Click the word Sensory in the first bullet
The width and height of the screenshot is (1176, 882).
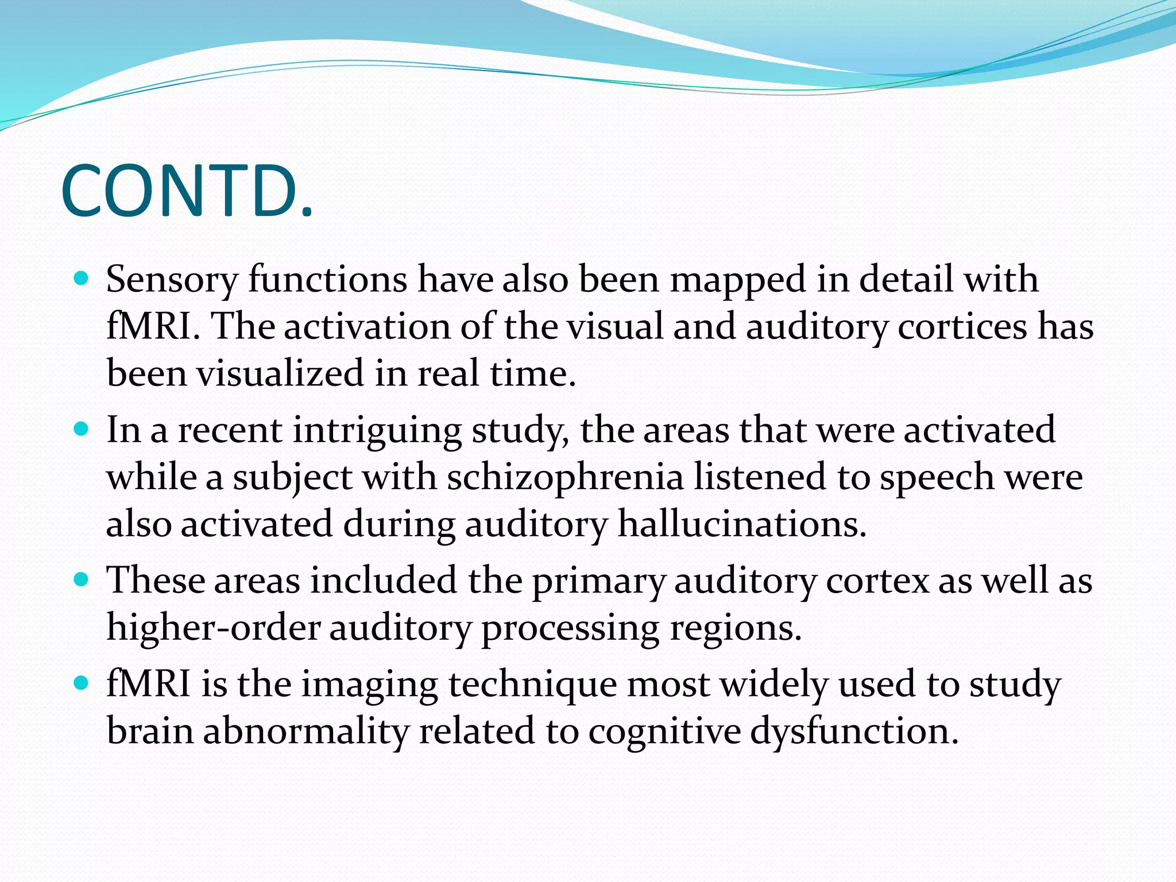coord(172,280)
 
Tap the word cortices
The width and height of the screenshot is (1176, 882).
coord(961,327)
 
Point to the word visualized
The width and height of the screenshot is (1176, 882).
coord(280,373)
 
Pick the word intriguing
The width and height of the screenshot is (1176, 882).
coord(377,431)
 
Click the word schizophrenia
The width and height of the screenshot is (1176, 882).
coord(565,477)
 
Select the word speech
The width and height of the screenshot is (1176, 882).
coord(937,477)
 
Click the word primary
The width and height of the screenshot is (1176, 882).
coord(598,581)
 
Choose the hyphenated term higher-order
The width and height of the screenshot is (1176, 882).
coord(213,628)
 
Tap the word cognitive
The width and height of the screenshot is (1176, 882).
coord(664,732)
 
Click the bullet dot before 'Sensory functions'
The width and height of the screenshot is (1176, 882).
coord(82,280)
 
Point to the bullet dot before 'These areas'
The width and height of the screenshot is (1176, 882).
coord(82,580)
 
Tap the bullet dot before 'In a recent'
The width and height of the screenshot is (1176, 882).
coord(82,430)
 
